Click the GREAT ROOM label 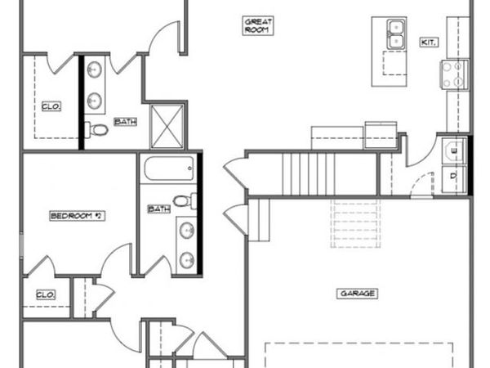[257, 25]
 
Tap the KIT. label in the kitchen [430, 42]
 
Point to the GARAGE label [356, 293]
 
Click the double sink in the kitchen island [396, 34]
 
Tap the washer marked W [454, 150]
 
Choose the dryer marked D [454, 175]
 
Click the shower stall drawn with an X [168, 126]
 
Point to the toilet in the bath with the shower [99, 129]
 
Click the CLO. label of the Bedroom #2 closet [45, 294]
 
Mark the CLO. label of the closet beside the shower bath [50, 105]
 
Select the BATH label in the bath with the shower [125, 122]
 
